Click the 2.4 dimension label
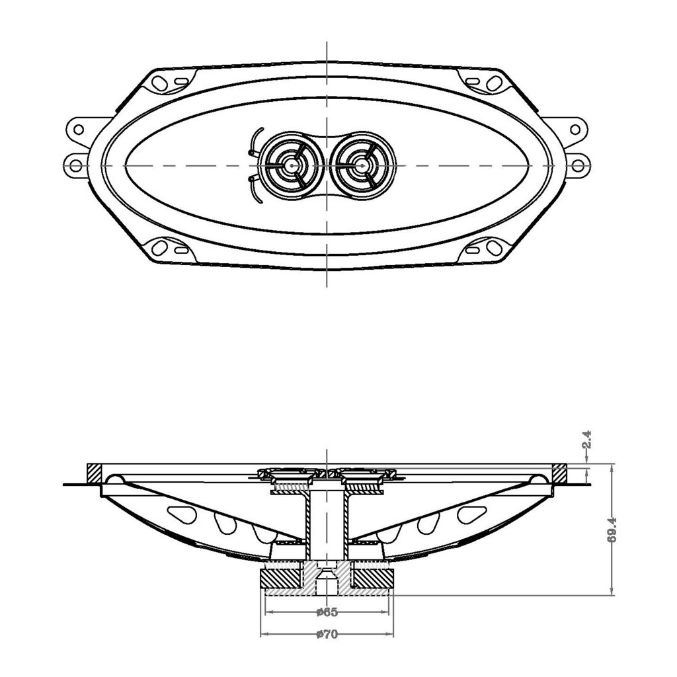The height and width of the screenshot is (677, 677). pos(586,441)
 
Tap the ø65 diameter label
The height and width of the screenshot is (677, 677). pos(327,611)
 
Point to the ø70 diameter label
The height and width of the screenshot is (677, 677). pos(327,635)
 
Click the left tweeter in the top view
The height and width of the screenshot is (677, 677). pos(291,164)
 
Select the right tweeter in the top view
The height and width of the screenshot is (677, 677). pos(361,164)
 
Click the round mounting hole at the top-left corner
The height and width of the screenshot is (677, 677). pos(159,83)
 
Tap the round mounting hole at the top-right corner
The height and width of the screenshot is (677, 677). pos(493,83)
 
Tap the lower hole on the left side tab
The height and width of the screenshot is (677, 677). pos(76,163)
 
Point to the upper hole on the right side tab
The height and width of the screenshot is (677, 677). pos(575,130)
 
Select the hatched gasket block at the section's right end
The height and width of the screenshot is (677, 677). pos(559,473)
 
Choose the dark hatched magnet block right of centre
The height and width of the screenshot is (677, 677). pos(373,578)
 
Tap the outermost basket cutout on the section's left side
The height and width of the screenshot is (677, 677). pos(179,512)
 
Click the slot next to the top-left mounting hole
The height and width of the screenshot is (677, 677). pos(180,82)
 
